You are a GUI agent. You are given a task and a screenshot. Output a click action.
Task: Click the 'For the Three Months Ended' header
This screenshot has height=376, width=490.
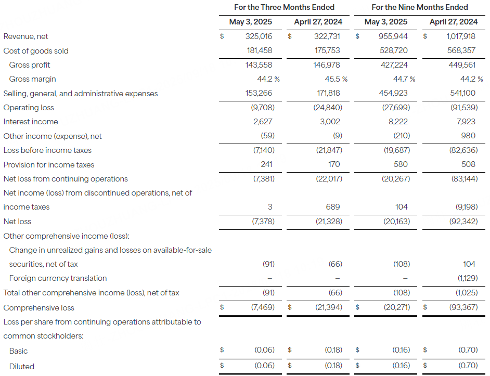[x=284, y=7]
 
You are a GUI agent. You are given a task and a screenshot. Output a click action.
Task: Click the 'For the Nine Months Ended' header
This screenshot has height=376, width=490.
[x=420, y=7]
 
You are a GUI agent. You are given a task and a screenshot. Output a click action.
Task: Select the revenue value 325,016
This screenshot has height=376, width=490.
[x=259, y=36]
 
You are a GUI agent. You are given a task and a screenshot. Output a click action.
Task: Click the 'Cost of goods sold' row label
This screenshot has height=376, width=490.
[x=36, y=51]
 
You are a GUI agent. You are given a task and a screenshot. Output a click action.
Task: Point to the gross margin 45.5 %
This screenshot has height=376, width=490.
[x=336, y=79]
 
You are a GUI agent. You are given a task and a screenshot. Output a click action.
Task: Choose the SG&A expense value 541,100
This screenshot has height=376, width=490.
[x=461, y=94]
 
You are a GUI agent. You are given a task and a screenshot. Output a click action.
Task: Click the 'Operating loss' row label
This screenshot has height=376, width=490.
[x=29, y=108]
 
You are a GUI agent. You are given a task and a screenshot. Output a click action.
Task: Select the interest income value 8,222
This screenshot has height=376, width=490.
[x=398, y=122]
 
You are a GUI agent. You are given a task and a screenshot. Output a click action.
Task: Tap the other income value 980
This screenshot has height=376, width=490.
[x=468, y=136]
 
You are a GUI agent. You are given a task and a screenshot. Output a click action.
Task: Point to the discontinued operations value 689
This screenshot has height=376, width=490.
[x=333, y=207]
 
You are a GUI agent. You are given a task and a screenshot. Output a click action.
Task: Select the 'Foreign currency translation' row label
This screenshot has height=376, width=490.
[x=58, y=278]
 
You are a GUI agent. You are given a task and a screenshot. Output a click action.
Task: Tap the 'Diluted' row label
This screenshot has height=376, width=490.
[x=22, y=367]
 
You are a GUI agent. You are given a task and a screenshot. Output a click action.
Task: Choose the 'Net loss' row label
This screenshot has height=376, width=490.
[x=17, y=222]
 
